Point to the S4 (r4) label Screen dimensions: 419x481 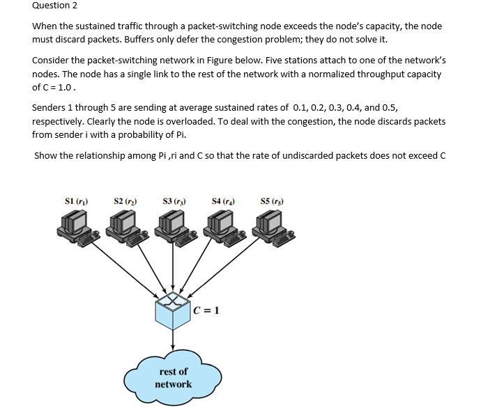pyautogui.click(x=222, y=202)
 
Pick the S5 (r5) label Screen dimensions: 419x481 pyautogui.click(x=270, y=202)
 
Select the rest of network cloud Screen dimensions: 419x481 pyautogui.click(x=172, y=379)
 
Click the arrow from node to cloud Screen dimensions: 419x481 pyautogui.click(x=172, y=341)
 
